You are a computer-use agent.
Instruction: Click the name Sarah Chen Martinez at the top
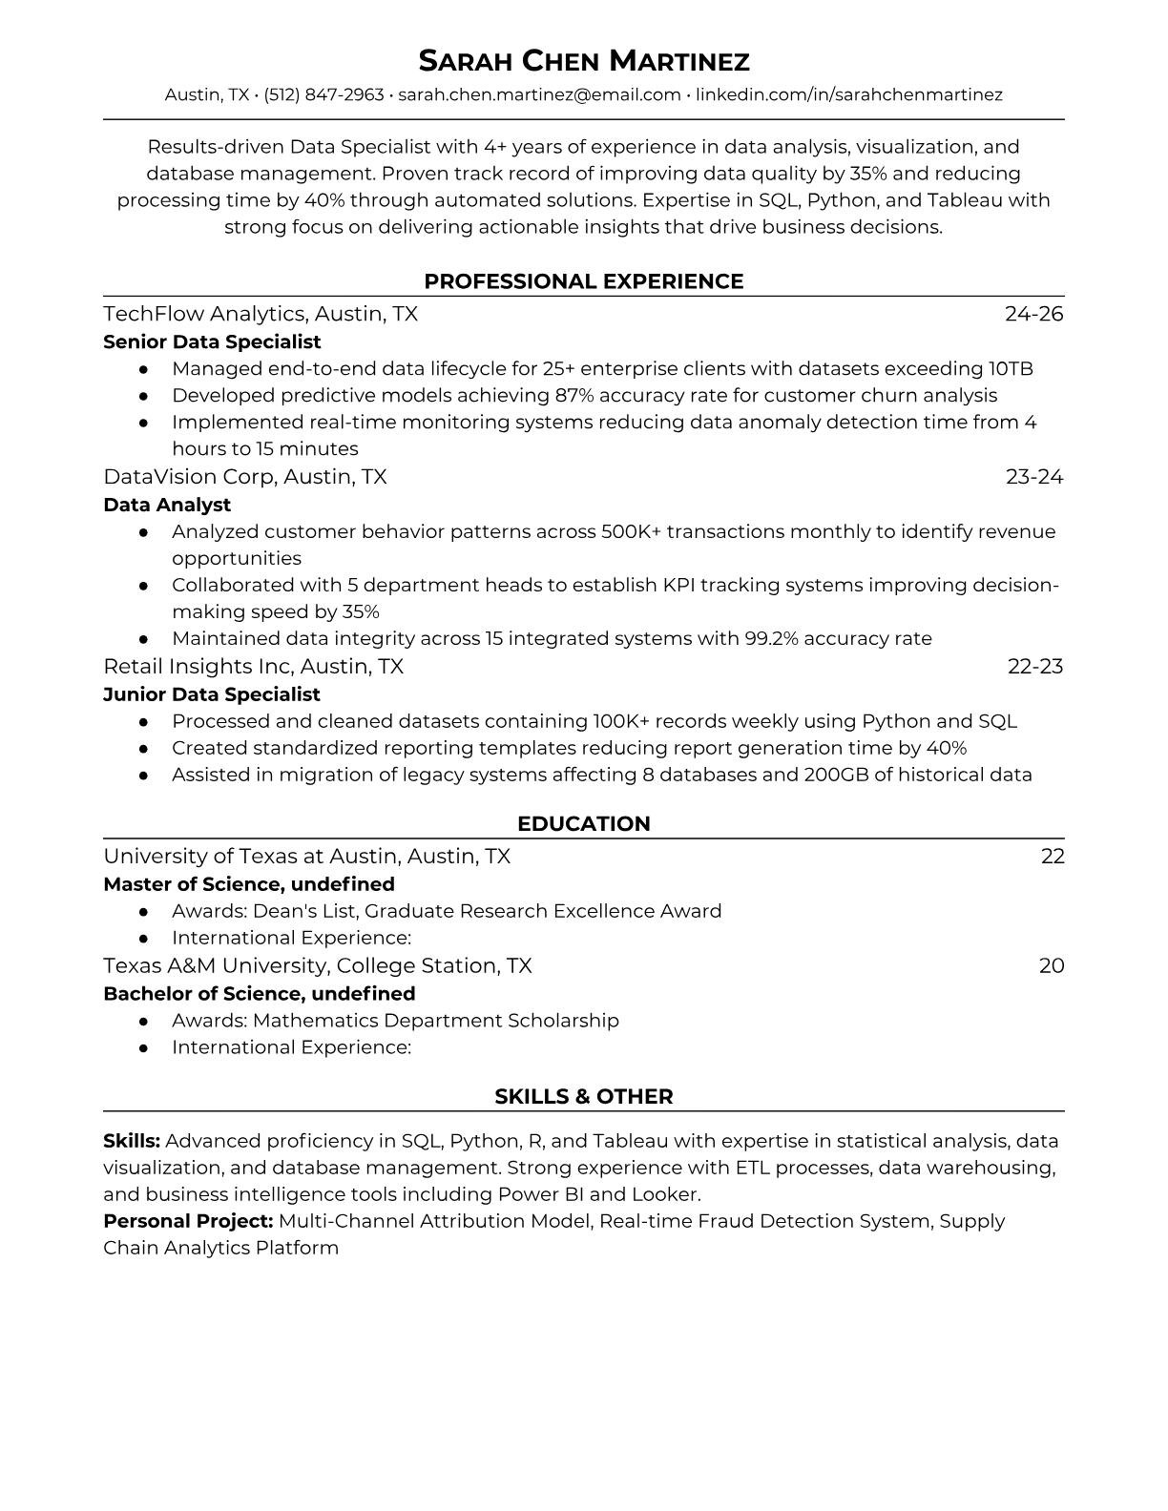pyautogui.click(x=584, y=61)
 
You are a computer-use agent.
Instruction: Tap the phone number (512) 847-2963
pyautogui.click(x=323, y=94)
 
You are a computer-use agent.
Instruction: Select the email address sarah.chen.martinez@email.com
pyautogui.click(x=539, y=94)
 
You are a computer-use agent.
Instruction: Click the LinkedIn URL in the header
pyautogui.click(x=848, y=94)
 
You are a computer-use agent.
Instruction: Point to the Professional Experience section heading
pyautogui.click(x=584, y=281)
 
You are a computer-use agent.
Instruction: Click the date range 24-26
pyautogui.click(x=1033, y=314)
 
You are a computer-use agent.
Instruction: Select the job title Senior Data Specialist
pyautogui.click(x=212, y=342)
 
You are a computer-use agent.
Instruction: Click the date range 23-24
pyautogui.click(x=1034, y=477)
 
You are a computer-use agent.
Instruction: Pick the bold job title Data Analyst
pyautogui.click(x=167, y=505)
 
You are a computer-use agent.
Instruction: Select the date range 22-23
pyautogui.click(x=1035, y=666)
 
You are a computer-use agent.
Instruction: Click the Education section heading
pyautogui.click(x=584, y=824)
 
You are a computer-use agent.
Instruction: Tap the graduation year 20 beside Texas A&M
pyautogui.click(x=1052, y=965)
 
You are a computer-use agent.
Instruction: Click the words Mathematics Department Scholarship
pyautogui.click(x=435, y=1021)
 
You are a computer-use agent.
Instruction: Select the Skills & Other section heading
pyautogui.click(x=584, y=1097)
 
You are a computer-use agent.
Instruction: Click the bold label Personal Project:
pyautogui.click(x=188, y=1221)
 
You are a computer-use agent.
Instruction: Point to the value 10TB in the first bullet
pyautogui.click(x=1011, y=369)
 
